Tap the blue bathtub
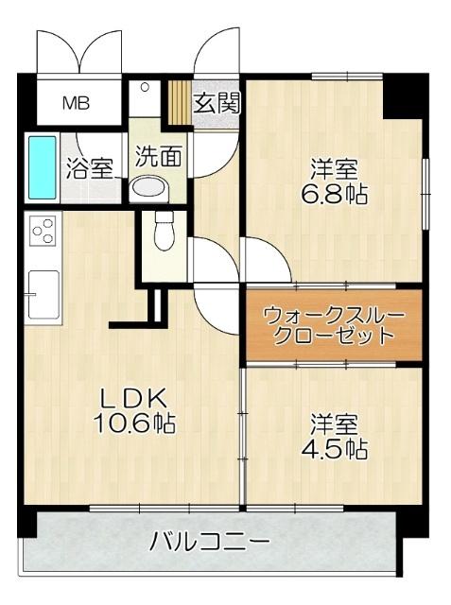[x=42, y=167]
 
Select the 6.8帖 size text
[x=336, y=195]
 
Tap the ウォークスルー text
[x=334, y=314]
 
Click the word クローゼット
[x=334, y=336]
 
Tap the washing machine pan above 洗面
[x=145, y=98]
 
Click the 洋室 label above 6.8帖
[x=336, y=170]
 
